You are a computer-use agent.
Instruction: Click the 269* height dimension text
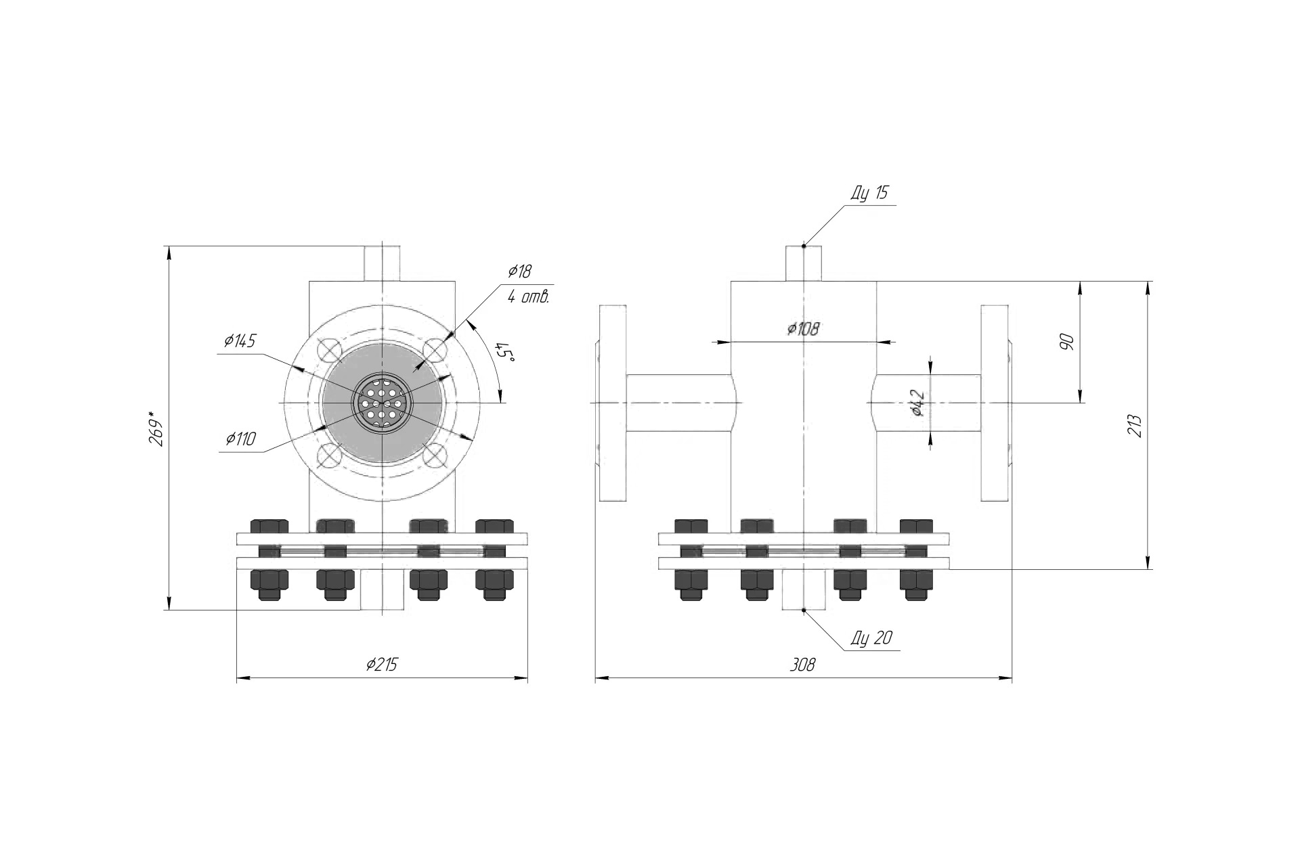pyautogui.click(x=156, y=428)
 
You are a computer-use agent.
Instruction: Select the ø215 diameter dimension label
pyautogui.click(x=381, y=665)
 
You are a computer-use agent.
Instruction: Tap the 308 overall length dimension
pyautogui.click(x=803, y=665)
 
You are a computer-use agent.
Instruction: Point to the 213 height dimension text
pyautogui.click(x=1135, y=425)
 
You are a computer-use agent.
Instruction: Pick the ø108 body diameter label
pyautogui.click(x=804, y=329)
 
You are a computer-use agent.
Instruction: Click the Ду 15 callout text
pyautogui.click(x=869, y=193)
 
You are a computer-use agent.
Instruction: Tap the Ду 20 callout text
pyautogui.click(x=872, y=638)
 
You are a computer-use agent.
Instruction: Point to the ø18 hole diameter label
pyautogui.click(x=520, y=272)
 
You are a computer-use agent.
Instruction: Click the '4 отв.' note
pyautogui.click(x=528, y=296)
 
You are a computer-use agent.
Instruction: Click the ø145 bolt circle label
pyautogui.click(x=240, y=340)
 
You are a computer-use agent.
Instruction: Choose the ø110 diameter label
pyautogui.click(x=241, y=439)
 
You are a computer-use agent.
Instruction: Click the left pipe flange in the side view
pyautogui.click(x=612, y=403)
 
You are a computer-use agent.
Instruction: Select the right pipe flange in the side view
pyautogui.click(x=995, y=403)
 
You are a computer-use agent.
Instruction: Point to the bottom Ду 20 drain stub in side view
pyautogui.click(x=803, y=590)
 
